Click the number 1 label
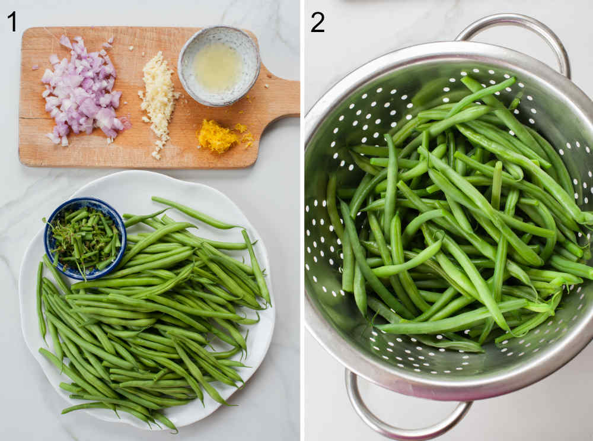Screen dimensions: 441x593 [x=12, y=21]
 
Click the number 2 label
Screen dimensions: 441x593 [x=317, y=22]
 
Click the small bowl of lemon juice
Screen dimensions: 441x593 [x=218, y=66]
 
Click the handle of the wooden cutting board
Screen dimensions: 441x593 [x=279, y=98]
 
